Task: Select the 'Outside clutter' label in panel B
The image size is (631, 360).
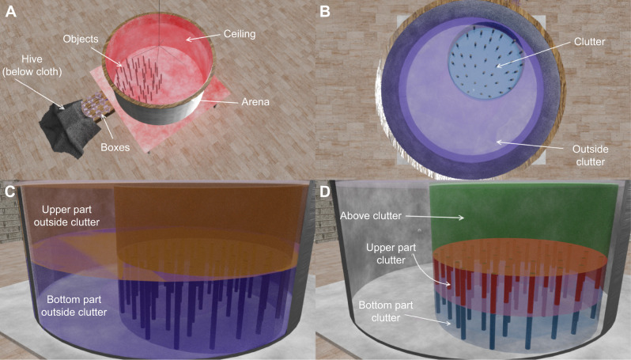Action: pos(568,156)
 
